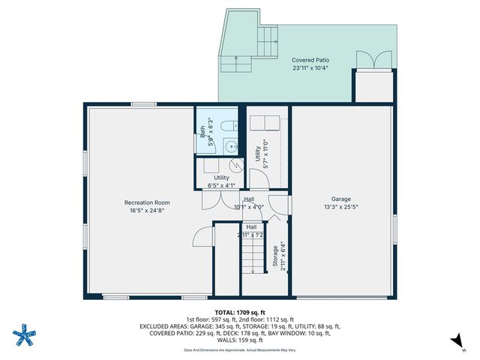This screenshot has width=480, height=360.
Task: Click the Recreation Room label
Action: pyautogui.click(x=147, y=202)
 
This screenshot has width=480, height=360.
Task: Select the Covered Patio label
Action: pyautogui.click(x=310, y=60)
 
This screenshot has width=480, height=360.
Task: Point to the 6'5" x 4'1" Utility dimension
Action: pyautogui.click(x=221, y=184)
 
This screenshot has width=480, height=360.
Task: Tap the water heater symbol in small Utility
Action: pyautogui.click(x=235, y=165)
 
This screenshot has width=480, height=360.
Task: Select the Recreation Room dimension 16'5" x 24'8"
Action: pyautogui.click(x=147, y=211)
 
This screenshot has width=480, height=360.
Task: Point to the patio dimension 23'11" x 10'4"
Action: pyautogui.click(x=310, y=68)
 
